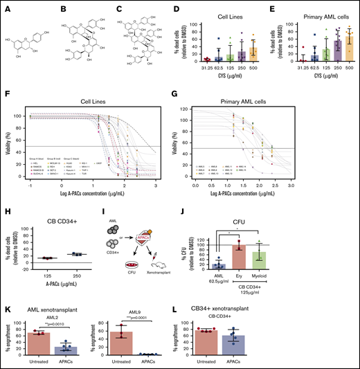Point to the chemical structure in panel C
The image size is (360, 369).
(x=142, y=38)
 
